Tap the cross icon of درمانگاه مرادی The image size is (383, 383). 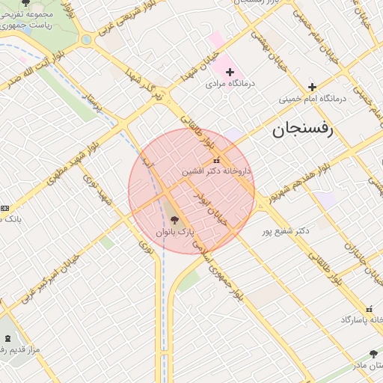(x=230, y=71)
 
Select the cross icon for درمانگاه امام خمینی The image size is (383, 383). (x=313, y=87)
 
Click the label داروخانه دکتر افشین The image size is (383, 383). (x=217, y=171)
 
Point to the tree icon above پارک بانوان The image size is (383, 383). (x=175, y=220)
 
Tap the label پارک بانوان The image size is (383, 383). (x=175, y=233)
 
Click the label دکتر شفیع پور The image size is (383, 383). (x=285, y=231)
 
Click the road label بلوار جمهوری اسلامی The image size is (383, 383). (x=224, y=275)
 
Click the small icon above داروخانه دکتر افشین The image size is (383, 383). (x=217, y=160)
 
